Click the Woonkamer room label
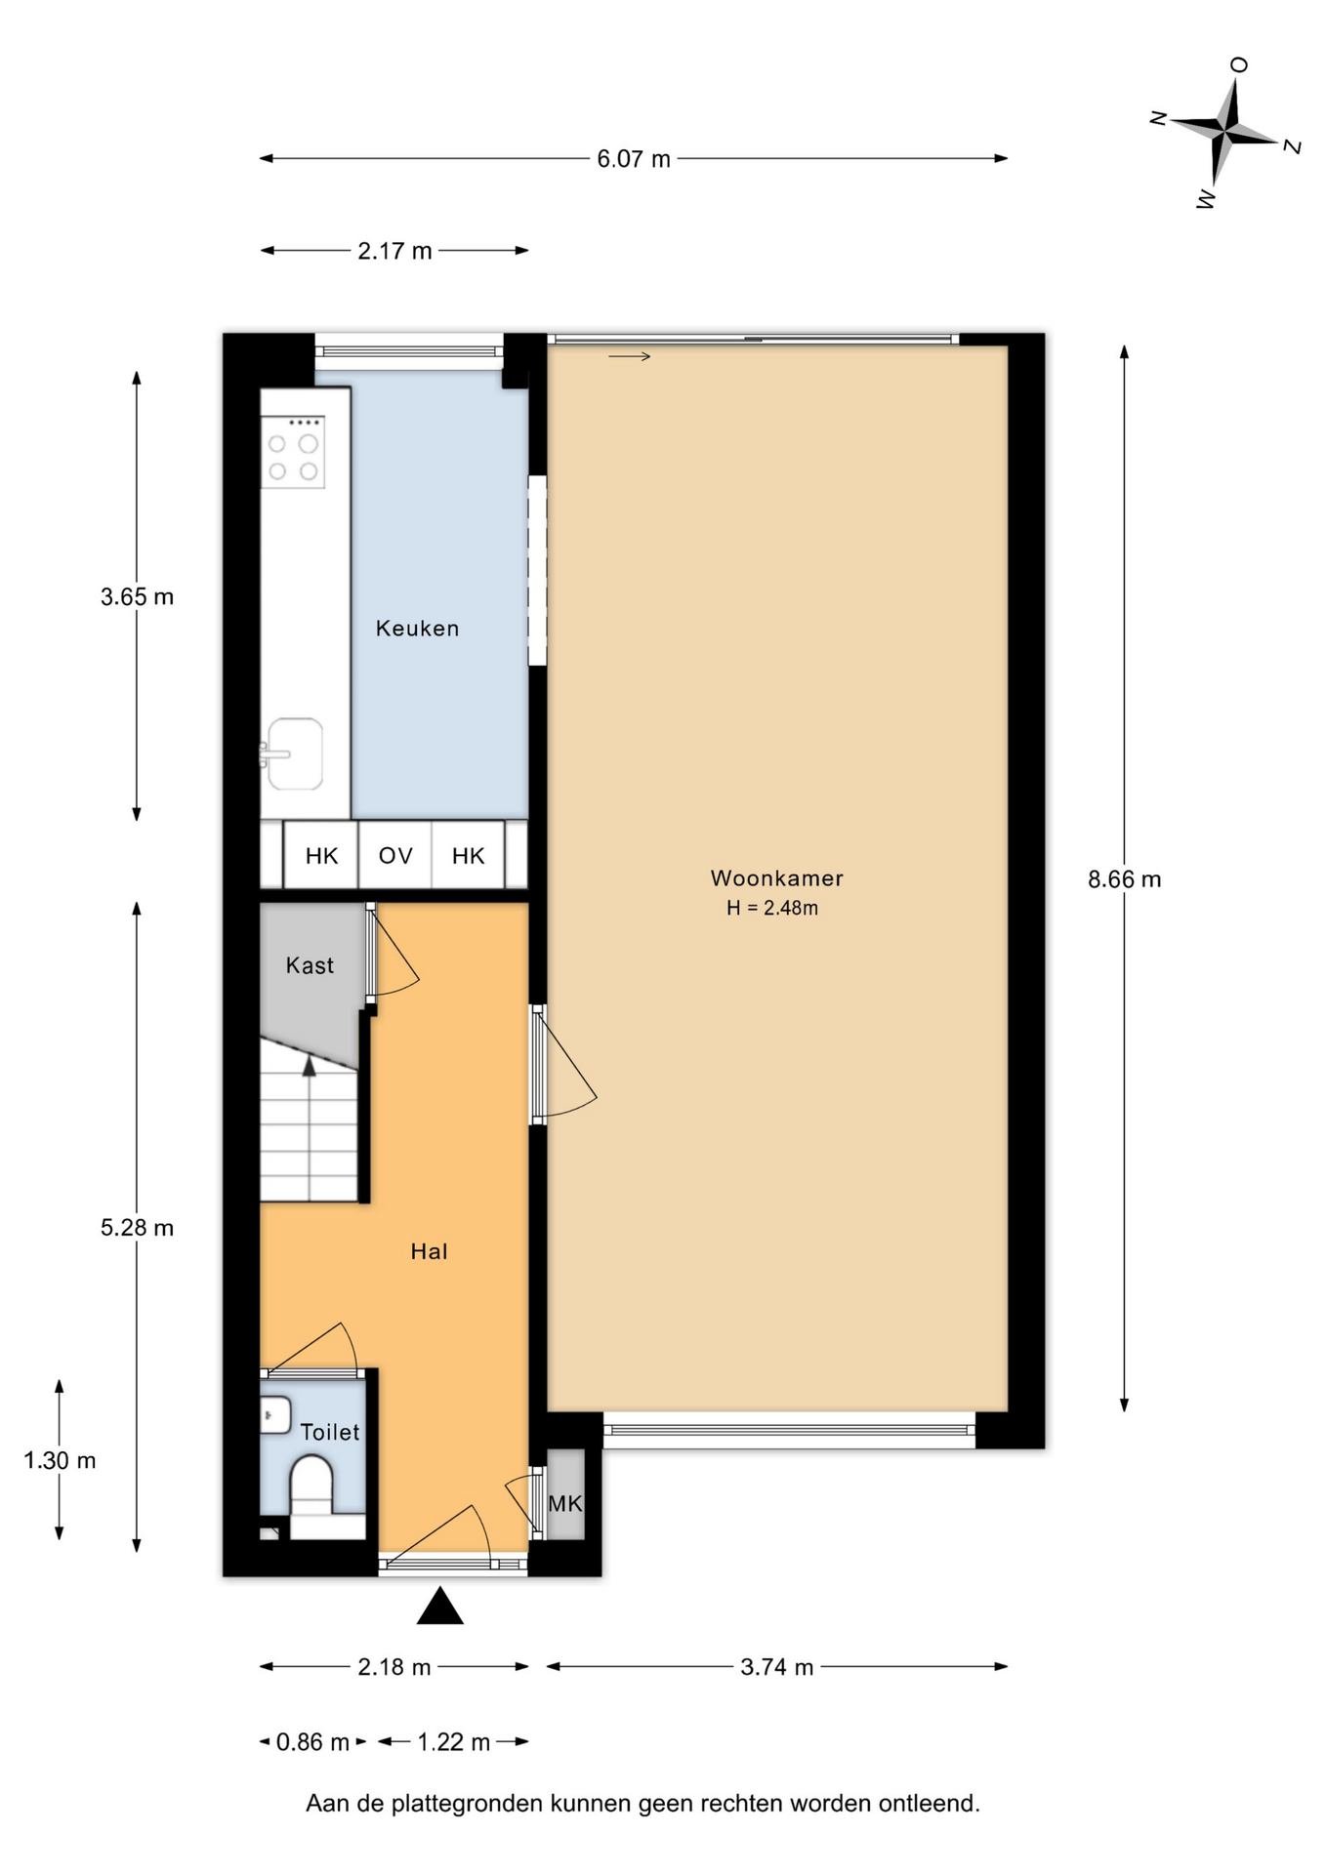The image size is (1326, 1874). (776, 877)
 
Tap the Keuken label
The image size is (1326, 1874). (417, 628)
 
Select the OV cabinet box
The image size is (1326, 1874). (395, 855)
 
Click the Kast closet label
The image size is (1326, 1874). (310, 965)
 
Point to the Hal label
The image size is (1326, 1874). (429, 1251)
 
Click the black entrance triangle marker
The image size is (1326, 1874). (439, 1606)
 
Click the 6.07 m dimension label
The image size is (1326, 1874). (634, 159)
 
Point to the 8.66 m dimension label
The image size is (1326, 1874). (1125, 879)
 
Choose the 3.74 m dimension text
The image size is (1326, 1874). (776, 1667)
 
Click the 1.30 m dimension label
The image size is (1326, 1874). (60, 1460)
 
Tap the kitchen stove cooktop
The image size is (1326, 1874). (293, 450)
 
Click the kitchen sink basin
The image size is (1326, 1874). (295, 754)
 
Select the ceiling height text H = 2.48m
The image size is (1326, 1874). (771, 908)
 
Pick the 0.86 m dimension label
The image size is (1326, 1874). (312, 1742)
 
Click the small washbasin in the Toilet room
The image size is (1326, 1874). (275, 1414)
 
